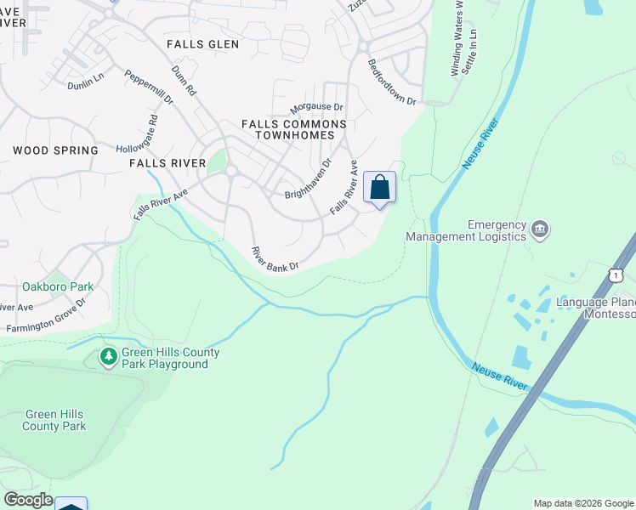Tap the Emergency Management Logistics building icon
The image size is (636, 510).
(539, 229)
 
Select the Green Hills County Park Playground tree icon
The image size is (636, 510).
(108, 358)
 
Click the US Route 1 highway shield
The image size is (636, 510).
(616, 275)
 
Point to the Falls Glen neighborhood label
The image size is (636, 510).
(203, 43)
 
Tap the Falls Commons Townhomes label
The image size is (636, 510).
(294, 129)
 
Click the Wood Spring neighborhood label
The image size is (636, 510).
(55, 150)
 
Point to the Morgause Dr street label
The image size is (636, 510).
(316, 108)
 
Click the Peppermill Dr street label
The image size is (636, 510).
(149, 88)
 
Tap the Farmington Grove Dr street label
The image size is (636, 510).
(48, 314)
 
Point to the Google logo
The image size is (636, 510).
(28, 500)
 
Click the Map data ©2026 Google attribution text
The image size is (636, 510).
(583, 503)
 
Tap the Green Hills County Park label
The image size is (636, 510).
(54, 420)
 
